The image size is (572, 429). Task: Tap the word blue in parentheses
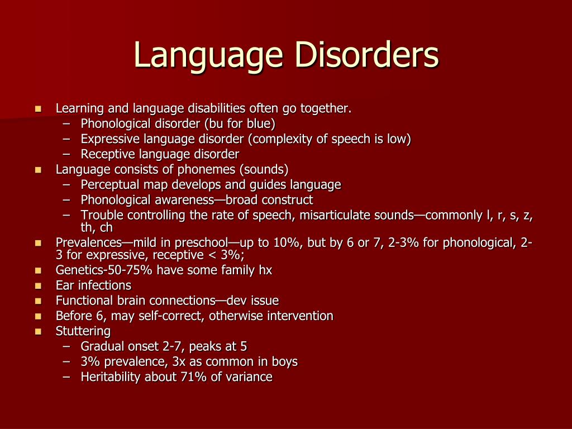click(x=260, y=123)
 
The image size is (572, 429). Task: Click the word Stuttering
click(x=83, y=331)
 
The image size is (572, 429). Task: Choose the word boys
click(x=285, y=361)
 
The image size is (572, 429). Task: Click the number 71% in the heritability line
click(x=192, y=377)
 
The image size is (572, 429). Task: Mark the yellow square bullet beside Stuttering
click(x=39, y=331)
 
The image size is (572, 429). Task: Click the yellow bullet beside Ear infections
click(x=39, y=285)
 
